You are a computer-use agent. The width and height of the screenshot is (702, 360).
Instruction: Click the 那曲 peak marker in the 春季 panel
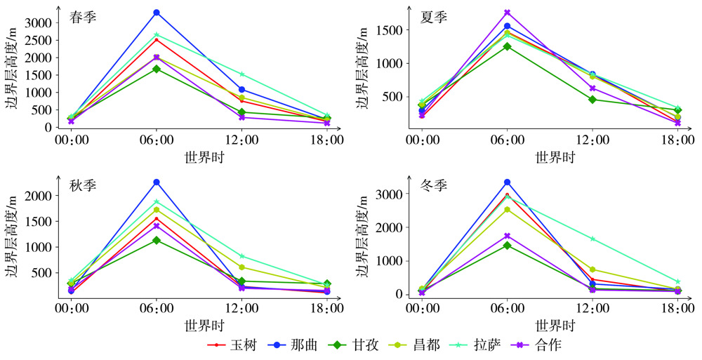tap(156, 13)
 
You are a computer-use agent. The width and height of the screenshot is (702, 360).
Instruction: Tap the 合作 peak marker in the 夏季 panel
tap(507, 13)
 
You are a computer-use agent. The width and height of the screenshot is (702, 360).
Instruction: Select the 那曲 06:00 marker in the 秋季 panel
tap(156, 182)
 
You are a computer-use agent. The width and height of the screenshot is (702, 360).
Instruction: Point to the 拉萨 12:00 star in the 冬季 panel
tap(592, 239)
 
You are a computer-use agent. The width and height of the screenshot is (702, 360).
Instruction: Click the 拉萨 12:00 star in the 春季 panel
tap(241, 74)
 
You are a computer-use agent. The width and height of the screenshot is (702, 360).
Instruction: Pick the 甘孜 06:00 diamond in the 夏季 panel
tap(507, 46)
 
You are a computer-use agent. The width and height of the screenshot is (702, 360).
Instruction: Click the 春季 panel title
tap(83, 18)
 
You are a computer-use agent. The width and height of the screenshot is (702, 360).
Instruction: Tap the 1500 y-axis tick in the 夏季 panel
tap(390, 30)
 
